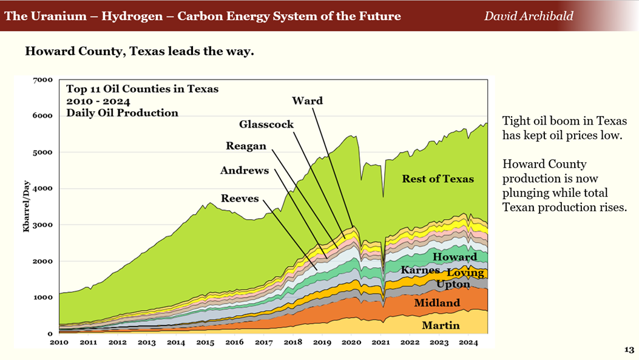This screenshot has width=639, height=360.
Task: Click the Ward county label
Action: (307, 100)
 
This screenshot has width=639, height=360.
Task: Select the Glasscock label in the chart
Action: (266, 124)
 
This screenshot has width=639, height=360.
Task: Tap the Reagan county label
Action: (246, 146)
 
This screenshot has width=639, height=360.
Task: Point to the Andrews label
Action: (244, 171)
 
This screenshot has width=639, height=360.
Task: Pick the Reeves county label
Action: (240, 199)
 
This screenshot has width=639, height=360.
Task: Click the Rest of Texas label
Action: (438, 178)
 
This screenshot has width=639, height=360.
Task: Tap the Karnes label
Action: (420, 270)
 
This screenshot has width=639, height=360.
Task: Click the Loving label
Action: (465, 273)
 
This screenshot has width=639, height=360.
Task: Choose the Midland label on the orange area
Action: (437, 303)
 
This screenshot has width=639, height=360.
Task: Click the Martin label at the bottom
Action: (441, 325)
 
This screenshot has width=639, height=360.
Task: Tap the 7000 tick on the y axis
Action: (44, 80)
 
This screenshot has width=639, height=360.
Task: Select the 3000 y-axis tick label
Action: (44, 225)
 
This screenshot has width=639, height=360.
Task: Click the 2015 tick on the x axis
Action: (205, 342)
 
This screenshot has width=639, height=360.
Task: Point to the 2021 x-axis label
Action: (380, 342)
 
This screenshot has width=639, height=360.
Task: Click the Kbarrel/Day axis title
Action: (27, 206)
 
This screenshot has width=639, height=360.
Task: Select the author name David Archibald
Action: (528, 16)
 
